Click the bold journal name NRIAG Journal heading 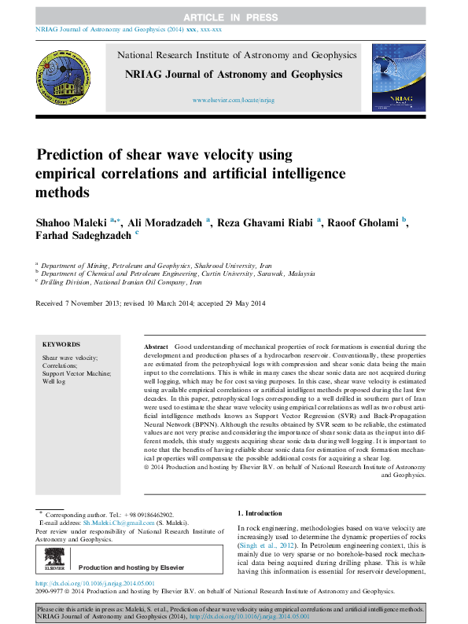pyautogui.click(x=234, y=75)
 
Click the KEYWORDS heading pyautogui.click(x=61, y=344)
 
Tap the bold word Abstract pyautogui.click(x=157, y=347)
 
